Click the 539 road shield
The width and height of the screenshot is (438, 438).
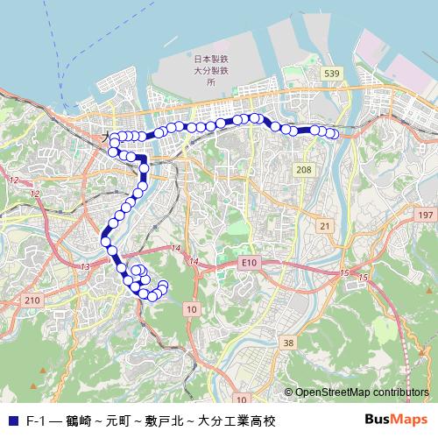[330, 74]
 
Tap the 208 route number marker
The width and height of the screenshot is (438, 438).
[304, 169]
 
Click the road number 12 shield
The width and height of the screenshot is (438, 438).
[12, 180]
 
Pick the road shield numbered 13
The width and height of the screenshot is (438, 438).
[85, 266]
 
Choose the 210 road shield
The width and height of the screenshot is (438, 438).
[32, 300]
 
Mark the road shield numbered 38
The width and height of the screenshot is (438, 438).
[289, 343]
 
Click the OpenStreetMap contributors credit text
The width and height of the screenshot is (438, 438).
[362, 393]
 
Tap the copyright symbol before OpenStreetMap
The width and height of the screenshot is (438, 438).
[288, 393]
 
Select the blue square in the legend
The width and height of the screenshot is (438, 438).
[12, 420]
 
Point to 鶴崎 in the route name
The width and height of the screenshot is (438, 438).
[78, 420]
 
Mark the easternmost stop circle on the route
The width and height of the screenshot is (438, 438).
[333, 133]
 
